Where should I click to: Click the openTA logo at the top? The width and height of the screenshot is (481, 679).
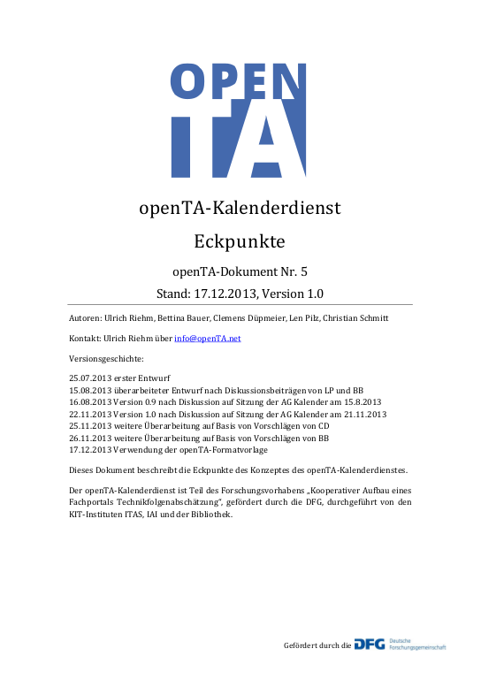click(240, 119)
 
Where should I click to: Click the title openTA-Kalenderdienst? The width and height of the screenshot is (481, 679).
click(240, 208)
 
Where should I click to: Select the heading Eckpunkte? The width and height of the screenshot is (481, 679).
click(240, 240)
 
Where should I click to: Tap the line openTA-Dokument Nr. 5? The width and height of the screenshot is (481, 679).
click(240, 271)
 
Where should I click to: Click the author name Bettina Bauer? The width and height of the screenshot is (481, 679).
click(170, 317)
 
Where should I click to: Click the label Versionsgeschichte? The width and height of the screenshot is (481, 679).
click(99, 360)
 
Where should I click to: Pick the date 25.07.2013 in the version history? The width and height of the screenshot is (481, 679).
click(87, 378)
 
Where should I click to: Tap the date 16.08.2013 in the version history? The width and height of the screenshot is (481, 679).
click(87, 401)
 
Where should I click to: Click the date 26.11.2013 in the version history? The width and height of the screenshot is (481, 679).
click(87, 437)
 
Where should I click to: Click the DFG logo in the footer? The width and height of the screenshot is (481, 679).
click(370, 644)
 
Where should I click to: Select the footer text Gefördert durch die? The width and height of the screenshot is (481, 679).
click(317, 646)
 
